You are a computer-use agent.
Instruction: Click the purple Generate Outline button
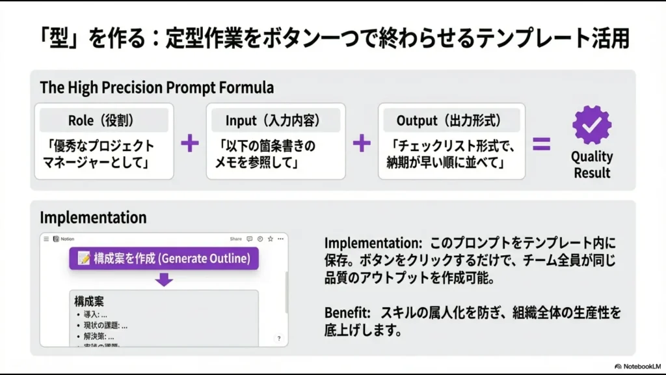pyautogui.click(x=163, y=258)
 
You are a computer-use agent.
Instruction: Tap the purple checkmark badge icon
pyautogui.click(x=591, y=125)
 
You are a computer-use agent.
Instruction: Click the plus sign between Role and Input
pyautogui.click(x=189, y=143)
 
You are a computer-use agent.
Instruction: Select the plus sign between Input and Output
pyautogui.click(x=362, y=143)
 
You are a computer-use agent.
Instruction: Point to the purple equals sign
pyautogui.click(x=541, y=143)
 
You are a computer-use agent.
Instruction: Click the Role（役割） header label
pyautogui.click(x=103, y=120)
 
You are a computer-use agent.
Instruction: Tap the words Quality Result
pyautogui.click(x=591, y=165)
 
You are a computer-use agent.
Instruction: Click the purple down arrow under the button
pyautogui.click(x=164, y=279)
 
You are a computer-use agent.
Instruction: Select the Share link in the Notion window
pyautogui.click(x=235, y=239)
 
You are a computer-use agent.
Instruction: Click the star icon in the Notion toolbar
pyautogui.click(x=270, y=239)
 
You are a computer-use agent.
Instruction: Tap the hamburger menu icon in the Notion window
pyautogui.click(x=46, y=239)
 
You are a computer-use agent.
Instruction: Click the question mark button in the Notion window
pyautogui.click(x=279, y=339)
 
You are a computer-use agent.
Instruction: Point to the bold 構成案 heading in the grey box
pyautogui.click(x=89, y=301)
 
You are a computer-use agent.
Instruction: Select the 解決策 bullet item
pyautogui.click(x=99, y=337)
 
